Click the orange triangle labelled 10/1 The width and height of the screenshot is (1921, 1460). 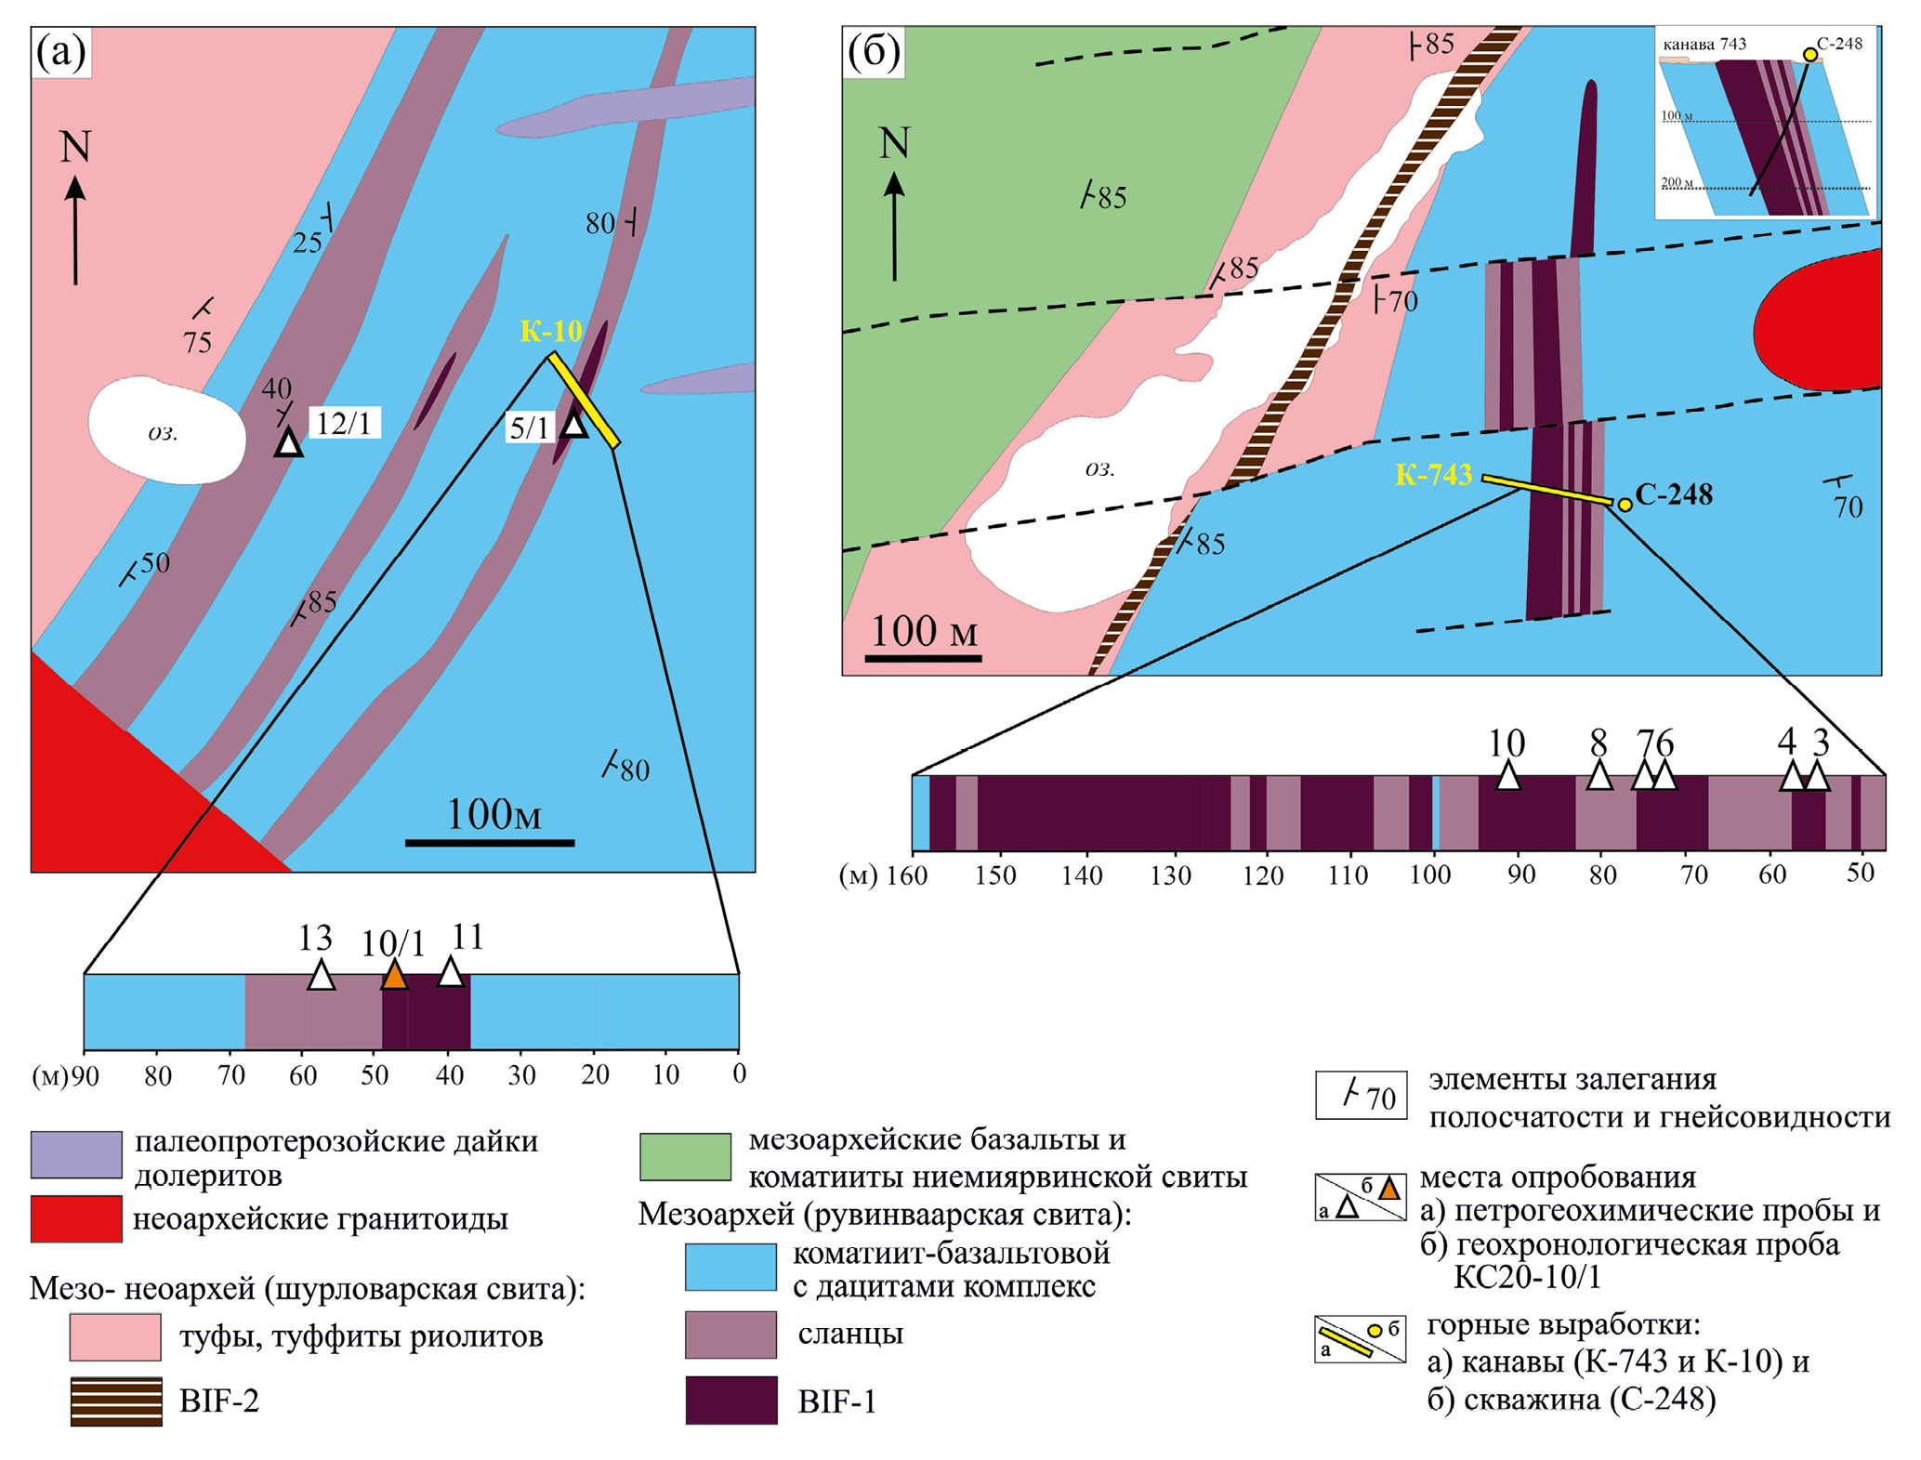pyautogui.click(x=394, y=977)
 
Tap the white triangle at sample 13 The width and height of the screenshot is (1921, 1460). pyautogui.click(x=321, y=977)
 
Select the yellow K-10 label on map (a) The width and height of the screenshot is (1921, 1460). pyautogui.click(x=551, y=331)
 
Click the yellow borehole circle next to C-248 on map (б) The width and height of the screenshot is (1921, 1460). pyautogui.click(x=1625, y=505)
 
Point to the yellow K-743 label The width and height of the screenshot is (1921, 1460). pyautogui.click(x=1433, y=475)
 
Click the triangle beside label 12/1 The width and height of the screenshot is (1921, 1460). pyautogui.click(x=289, y=443)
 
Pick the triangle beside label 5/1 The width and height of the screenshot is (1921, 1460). pyautogui.click(x=574, y=425)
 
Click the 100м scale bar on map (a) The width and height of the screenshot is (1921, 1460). pyautogui.click(x=490, y=842)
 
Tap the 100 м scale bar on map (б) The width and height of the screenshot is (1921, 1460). pyautogui.click(x=923, y=658)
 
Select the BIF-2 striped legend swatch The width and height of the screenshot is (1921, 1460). pyautogui.click(x=116, y=1401)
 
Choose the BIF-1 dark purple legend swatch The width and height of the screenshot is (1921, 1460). pyautogui.click(x=731, y=1400)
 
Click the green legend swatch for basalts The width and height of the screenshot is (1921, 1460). pyautogui.click(x=685, y=1157)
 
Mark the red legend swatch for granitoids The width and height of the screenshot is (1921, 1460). pyautogui.click(x=76, y=1218)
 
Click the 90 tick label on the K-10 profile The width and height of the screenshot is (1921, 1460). pyautogui.click(x=85, y=1075)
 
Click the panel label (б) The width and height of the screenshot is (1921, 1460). pyautogui.click(x=874, y=53)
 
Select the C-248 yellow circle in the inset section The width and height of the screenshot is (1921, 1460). pyautogui.click(x=1809, y=55)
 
